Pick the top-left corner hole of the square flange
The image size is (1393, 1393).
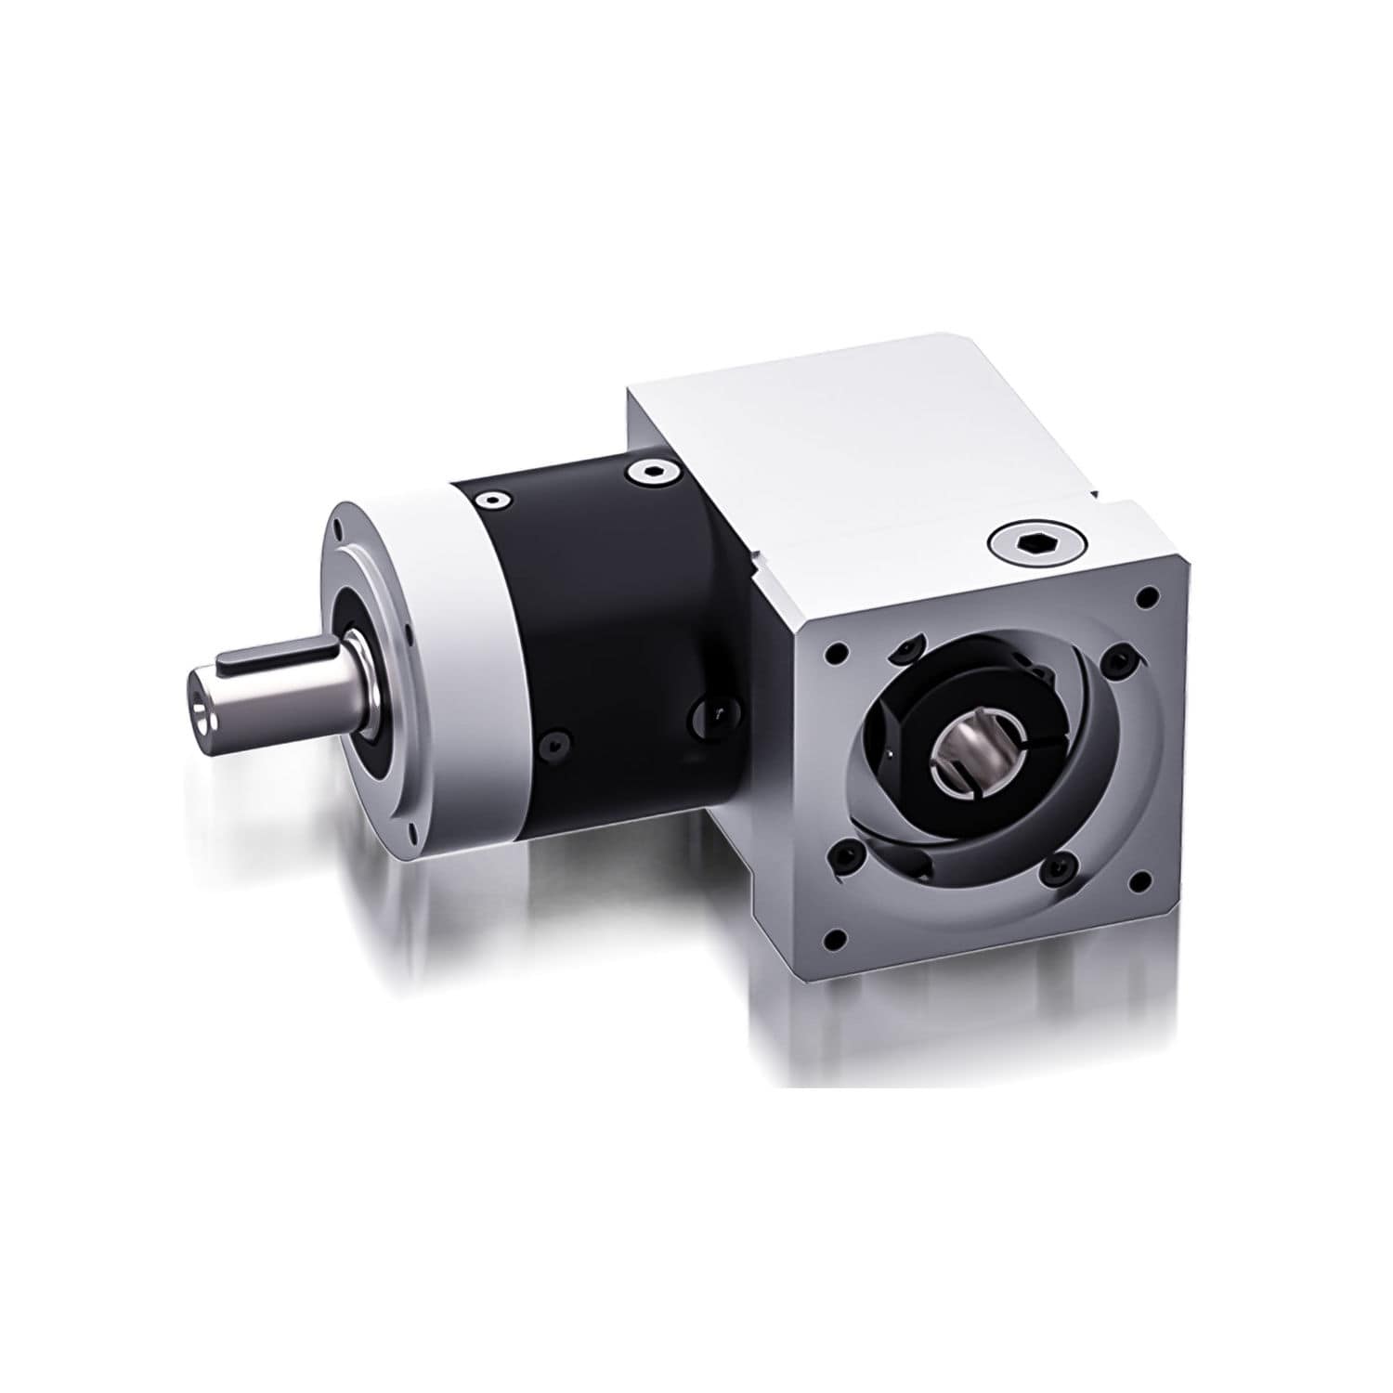837,653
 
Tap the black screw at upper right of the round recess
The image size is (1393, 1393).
1116,660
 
